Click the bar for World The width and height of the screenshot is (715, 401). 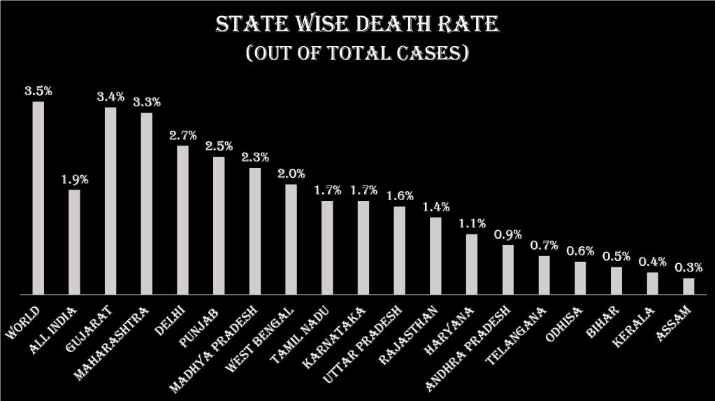click(38, 198)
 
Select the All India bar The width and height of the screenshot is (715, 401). click(74, 242)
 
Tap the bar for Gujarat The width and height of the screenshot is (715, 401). click(110, 201)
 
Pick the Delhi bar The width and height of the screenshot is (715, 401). click(182, 220)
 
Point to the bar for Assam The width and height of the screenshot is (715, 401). click(688, 286)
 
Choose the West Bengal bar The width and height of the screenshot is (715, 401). click(291, 239)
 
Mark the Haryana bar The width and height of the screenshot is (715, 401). click(472, 264)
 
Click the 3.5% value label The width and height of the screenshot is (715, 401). click(38, 91)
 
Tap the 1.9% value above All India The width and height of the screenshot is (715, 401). click(75, 179)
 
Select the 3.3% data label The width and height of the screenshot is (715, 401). click(147, 102)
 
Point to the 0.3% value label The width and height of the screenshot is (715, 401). click(688, 267)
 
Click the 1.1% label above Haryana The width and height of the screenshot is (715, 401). click(472, 223)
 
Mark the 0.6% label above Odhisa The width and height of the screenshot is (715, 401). click(580, 251)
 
